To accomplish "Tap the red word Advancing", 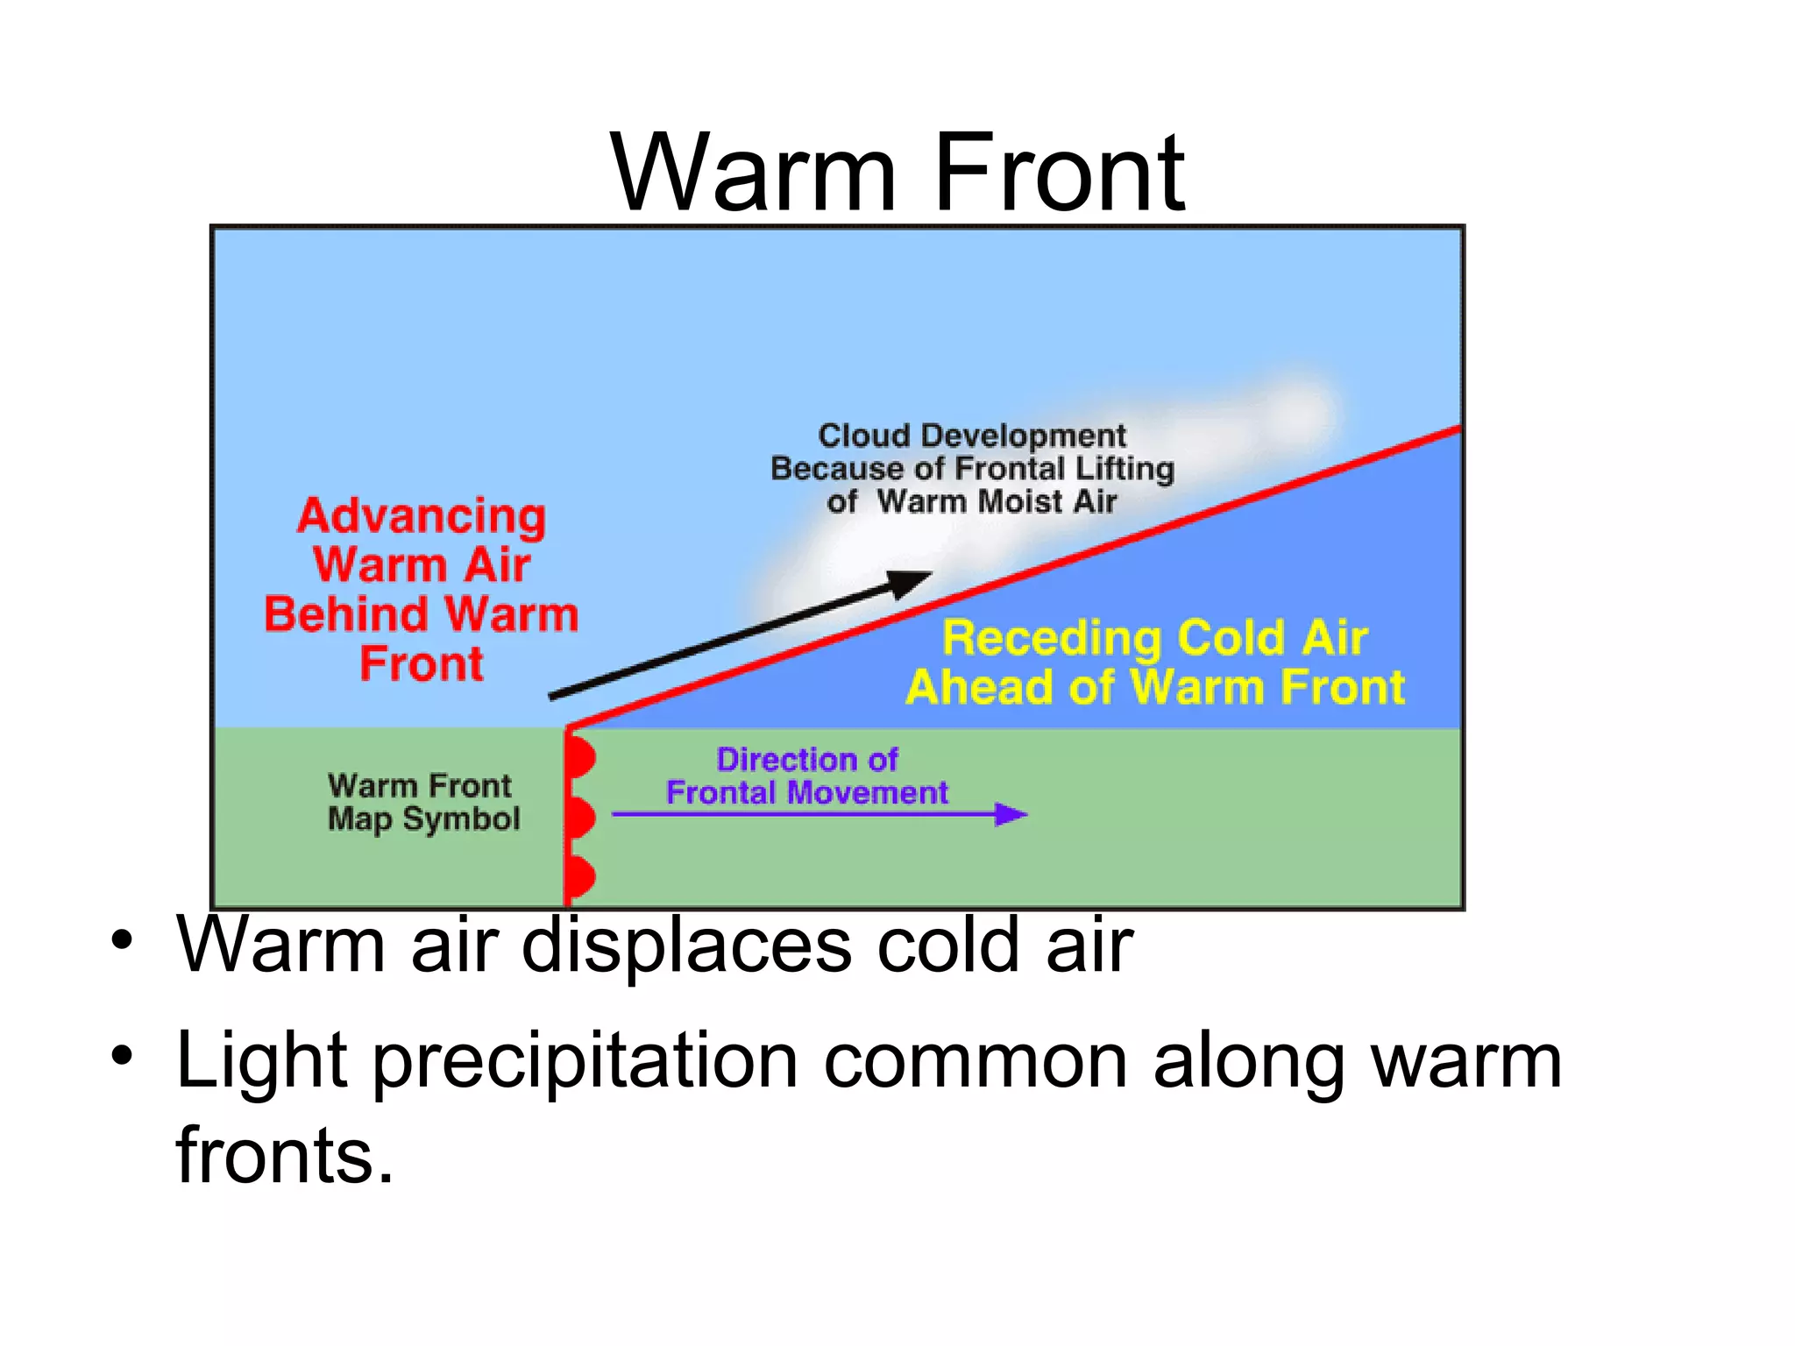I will click(x=422, y=517).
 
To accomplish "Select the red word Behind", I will click(x=346, y=614).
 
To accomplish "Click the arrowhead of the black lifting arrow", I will click(x=912, y=582).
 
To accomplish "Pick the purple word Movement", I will click(x=867, y=793).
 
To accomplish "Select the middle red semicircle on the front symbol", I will click(x=580, y=818).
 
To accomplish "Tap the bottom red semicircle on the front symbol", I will click(x=580, y=876).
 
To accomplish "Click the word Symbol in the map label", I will click(x=461, y=819).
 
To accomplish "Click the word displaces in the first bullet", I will click(x=686, y=946).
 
